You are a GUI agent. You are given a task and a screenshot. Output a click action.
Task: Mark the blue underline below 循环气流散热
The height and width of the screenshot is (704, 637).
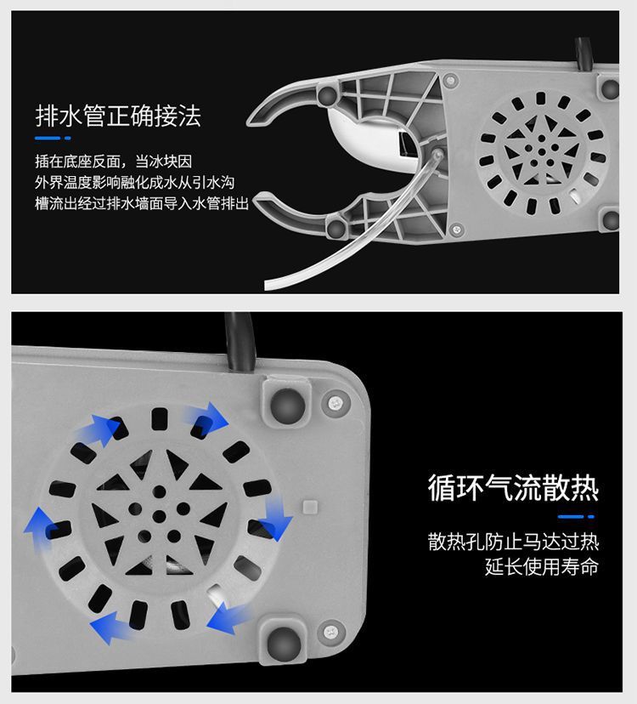(x=578, y=515)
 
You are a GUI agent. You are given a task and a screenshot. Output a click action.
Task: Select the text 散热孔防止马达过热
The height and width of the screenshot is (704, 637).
(x=513, y=542)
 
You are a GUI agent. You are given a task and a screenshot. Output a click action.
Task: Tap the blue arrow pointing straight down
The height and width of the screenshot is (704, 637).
(x=275, y=516)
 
